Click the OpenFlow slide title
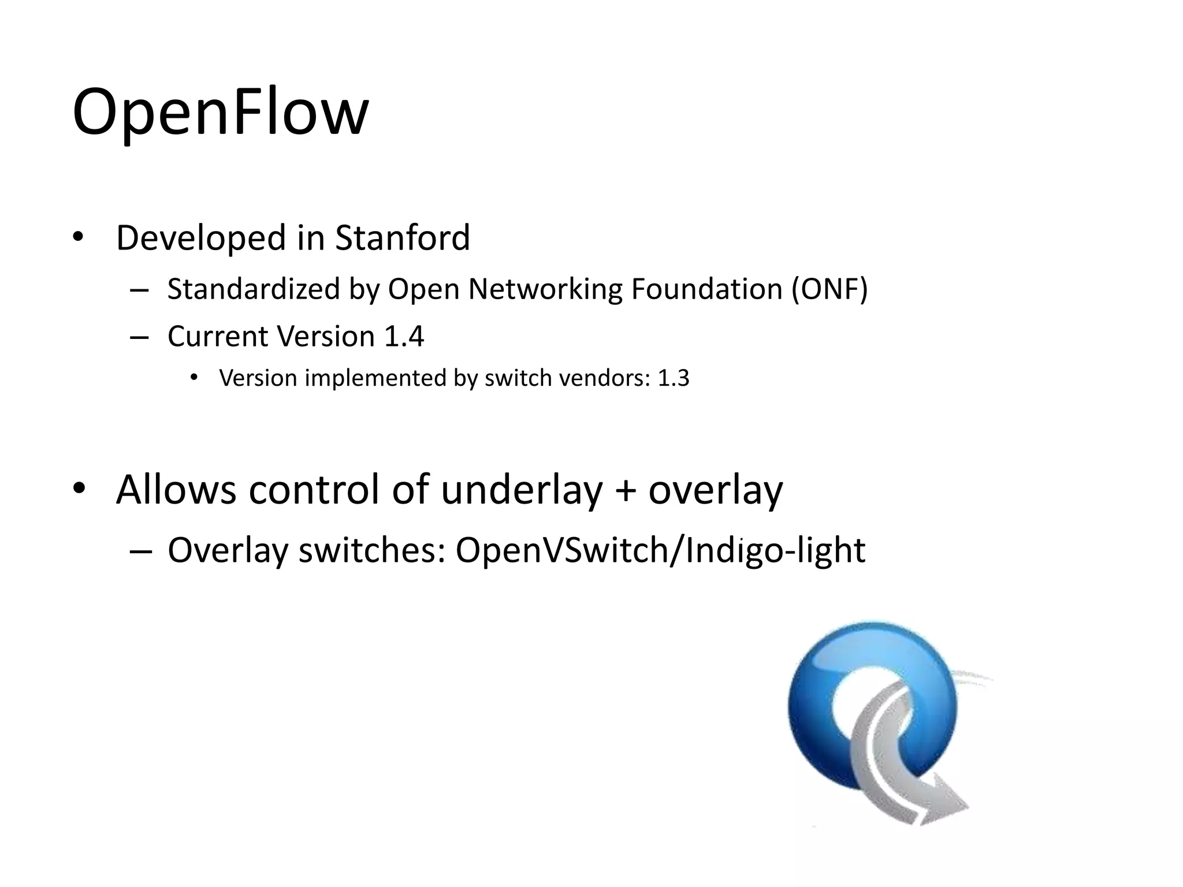(x=220, y=112)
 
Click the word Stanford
(x=403, y=237)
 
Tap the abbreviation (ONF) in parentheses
(x=830, y=289)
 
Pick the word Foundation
(x=706, y=289)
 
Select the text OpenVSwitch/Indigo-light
(x=660, y=550)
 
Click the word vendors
(x=594, y=378)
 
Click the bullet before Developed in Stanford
(x=79, y=238)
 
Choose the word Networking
(x=545, y=289)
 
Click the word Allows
(x=176, y=489)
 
